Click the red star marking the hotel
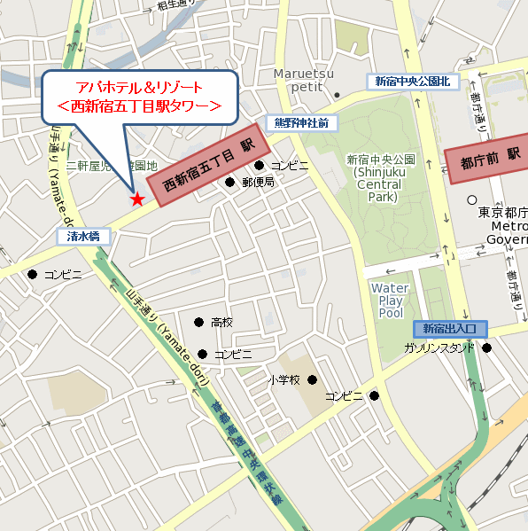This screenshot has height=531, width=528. pos(136,199)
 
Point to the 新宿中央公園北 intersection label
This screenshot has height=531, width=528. pos(412,82)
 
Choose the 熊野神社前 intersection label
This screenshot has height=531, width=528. pos(300,122)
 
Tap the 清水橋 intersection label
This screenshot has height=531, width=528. pos(84,237)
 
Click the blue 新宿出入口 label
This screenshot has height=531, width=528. pos(449,328)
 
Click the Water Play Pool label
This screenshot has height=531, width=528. pos(390,301)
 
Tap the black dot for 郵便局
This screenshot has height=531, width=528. pos(229,183)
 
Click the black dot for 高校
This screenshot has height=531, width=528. pos(198,322)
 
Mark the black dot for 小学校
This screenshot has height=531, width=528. pos(311,379)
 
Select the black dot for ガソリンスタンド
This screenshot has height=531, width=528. pos(486,347)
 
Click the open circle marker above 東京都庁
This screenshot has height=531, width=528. pos(472,200)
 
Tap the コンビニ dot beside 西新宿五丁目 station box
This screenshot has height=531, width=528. pos(260,165)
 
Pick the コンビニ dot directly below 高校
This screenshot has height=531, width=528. pos(203,354)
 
